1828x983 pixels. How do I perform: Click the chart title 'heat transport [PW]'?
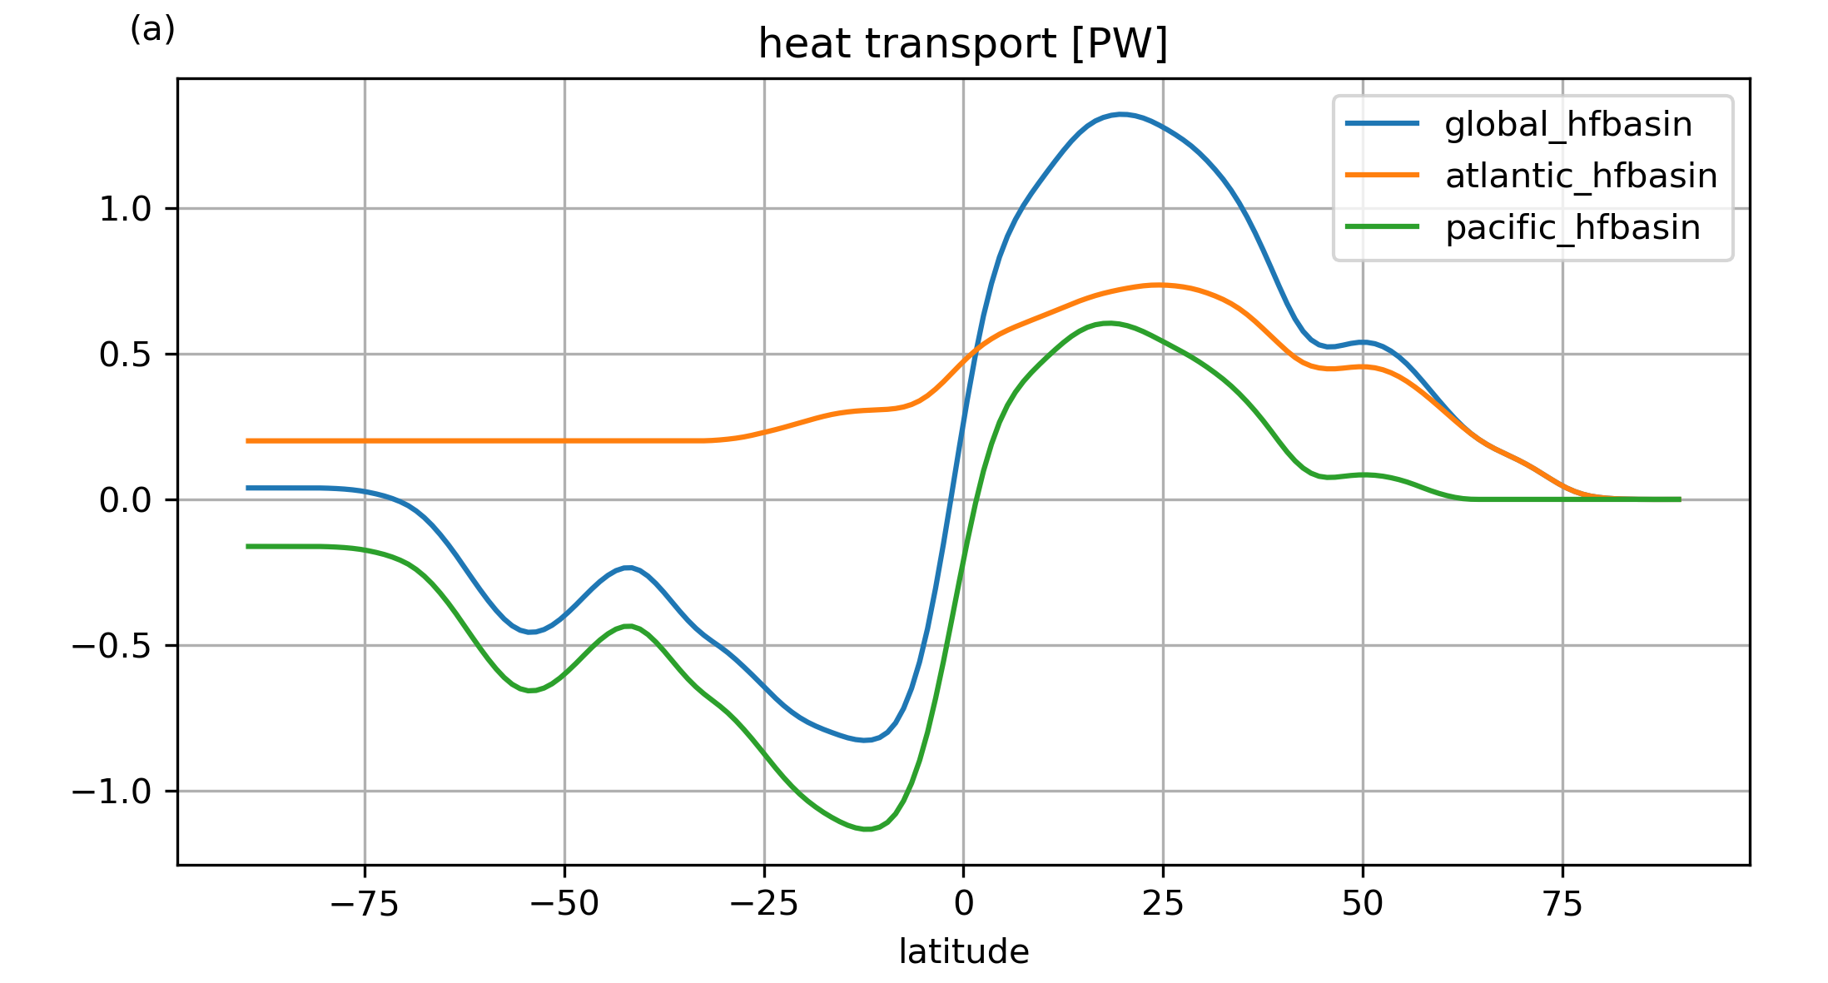click(x=963, y=44)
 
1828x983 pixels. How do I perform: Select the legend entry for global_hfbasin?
click(x=1567, y=125)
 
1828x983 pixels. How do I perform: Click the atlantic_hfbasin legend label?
click(x=1581, y=176)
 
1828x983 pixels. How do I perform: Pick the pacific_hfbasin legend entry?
click(x=1572, y=228)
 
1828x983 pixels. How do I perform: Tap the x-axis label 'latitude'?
click(x=963, y=951)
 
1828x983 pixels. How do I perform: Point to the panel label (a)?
click(x=152, y=30)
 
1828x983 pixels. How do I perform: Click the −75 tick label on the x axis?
click(x=365, y=904)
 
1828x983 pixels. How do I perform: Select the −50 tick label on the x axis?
click(x=564, y=904)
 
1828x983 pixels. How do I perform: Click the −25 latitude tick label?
click(x=764, y=904)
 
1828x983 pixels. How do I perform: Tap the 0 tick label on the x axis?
click(x=963, y=904)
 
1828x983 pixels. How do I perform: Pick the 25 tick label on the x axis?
click(x=1163, y=904)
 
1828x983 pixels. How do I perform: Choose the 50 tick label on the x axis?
click(x=1363, y=904)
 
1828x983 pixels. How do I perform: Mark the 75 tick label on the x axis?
click(x=1562, y=904)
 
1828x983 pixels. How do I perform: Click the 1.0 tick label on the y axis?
click(x=125, y=209)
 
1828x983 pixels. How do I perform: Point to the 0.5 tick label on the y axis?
click(x=125, y=355)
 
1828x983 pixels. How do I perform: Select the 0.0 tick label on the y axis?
click(x=125, y=500)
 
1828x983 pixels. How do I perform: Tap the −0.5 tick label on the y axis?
click(x=112, y=646)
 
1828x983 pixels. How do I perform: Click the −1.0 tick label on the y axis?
click(x=112, y=792)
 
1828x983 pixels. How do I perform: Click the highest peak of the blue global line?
click(x=1121, y=114)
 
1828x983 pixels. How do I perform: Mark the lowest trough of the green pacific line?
click(x=866, y=829)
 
